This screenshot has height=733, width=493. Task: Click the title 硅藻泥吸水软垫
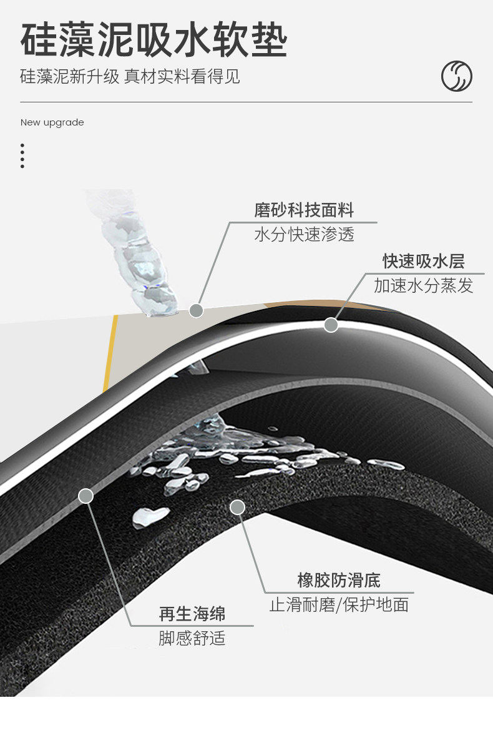(x=154, y=41)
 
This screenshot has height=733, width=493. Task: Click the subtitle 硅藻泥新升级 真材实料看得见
(x=130, y=77)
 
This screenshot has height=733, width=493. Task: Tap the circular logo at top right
(x=456, y=77)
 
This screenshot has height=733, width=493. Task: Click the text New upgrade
(x=52, y=122)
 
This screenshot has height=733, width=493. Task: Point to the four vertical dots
(x=22, y=155)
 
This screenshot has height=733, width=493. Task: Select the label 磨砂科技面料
(x=304, y=210)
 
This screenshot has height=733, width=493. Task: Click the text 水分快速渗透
(x=304, y=235)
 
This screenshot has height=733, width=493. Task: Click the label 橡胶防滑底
(x=339, y=581)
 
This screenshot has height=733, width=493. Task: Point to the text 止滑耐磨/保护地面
(x=339, y=604)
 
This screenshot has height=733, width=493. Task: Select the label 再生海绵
(x=192, y=614)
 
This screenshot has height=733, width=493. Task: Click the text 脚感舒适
(x=192, y=638)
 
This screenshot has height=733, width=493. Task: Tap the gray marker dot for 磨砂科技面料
(x=196, y=310)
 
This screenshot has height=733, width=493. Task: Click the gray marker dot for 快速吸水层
(x=331, y=325)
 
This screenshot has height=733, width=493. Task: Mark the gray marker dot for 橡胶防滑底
(x=237, y=507)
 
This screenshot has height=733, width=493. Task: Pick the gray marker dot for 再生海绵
(x=86, y=496)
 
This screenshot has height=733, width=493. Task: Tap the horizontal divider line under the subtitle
(x=246, y=102)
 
